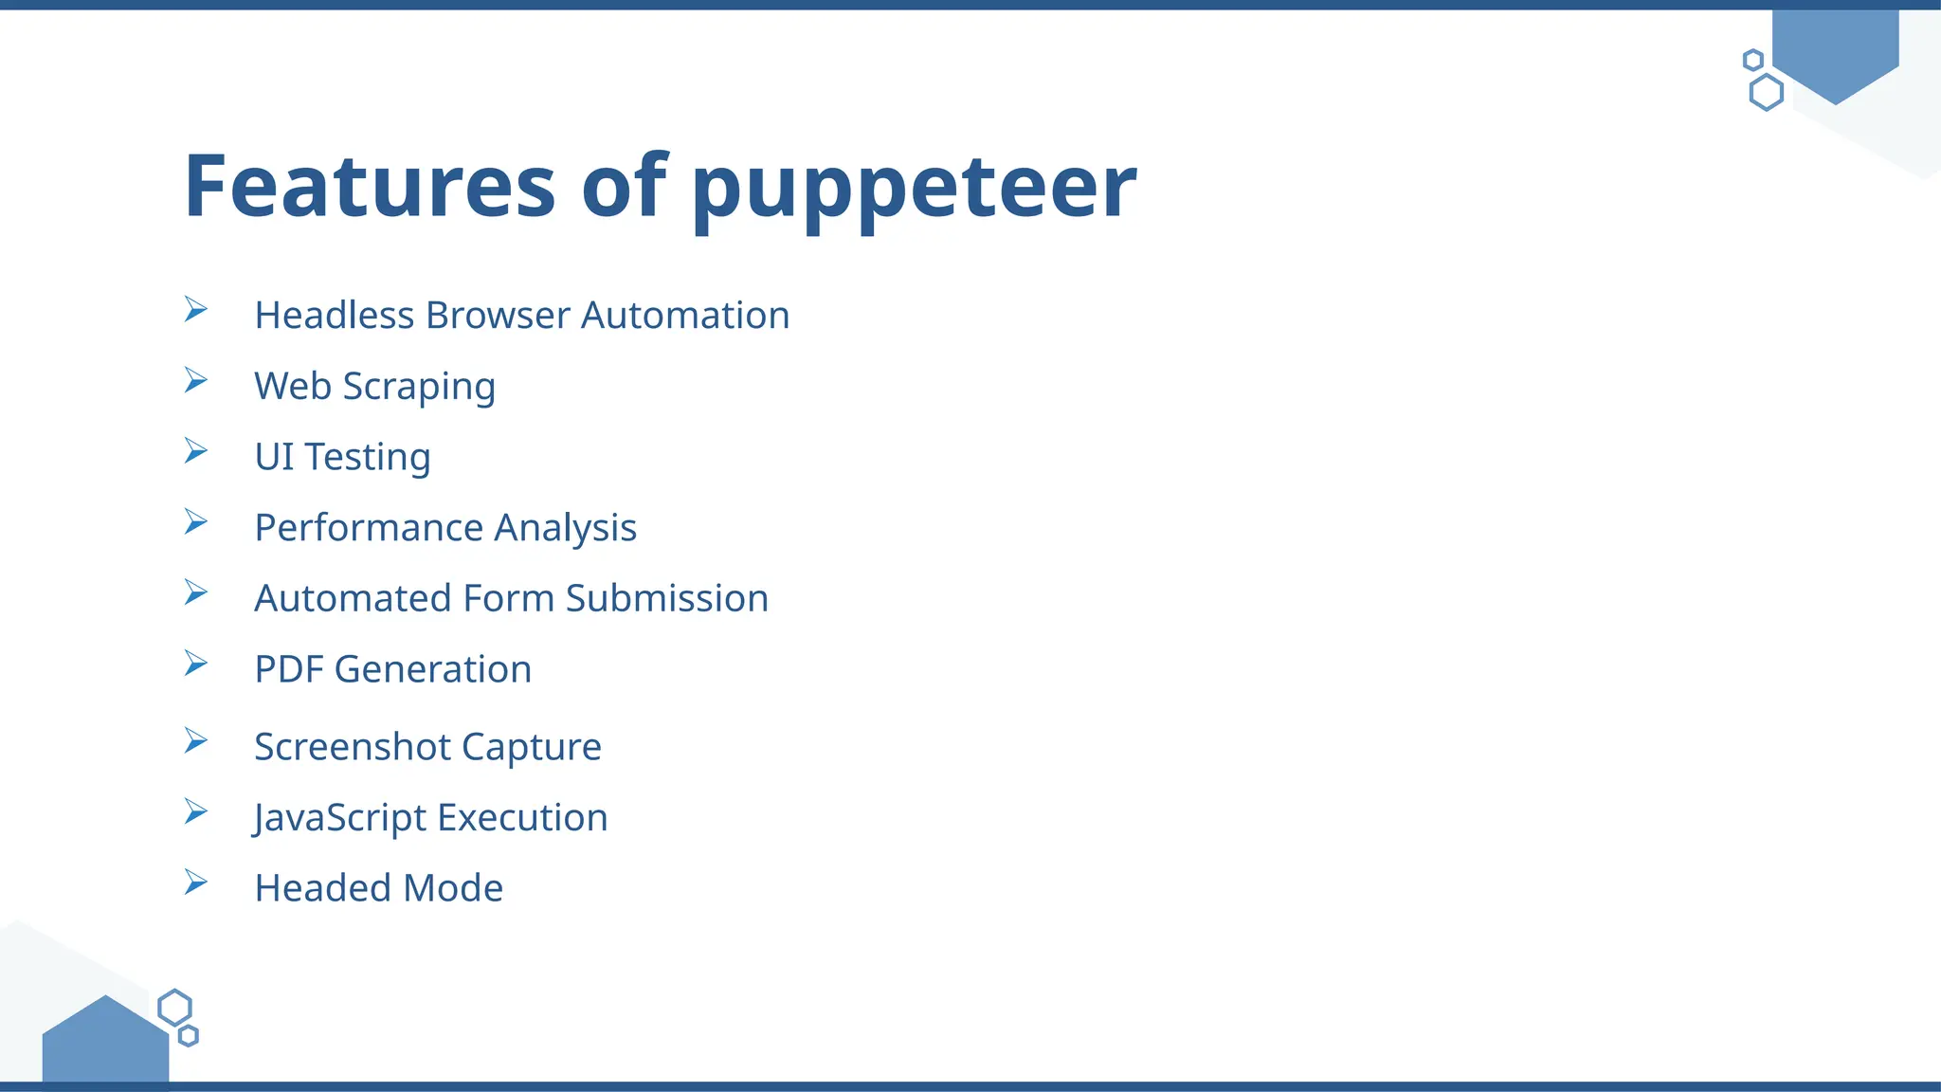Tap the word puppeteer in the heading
pyautogui.click(x=914, y=190)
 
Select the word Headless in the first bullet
pyautogui.click(x=335, y=315)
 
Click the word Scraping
pyautogui.click(x=418, y=387)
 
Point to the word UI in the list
pyautogui.click(x=274, y=457)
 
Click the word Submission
pyautogui.click(x=666, y=598)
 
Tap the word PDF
pyautogui.click(x=289, y=669)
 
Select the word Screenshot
pyautogui.click(x=352, y=747)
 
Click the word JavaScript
pyautogui.click(x=340, y=818)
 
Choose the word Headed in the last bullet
pyautogui.click(x=323, y=888)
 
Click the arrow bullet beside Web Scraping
pyautogui.click(x=196, y=380)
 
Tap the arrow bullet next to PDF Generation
pyautogui.click(x=196, y=664)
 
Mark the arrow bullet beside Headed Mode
pyautogui.click(x=196, y=883)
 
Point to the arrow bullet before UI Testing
pyautogui.click(x=196, y=451)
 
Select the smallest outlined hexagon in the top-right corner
pyautogui.click(x=1753, y=60)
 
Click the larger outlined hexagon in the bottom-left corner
pyautogui.click(x=174, y=1008)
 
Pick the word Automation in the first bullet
pyautogui.click(x=684, y=315)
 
